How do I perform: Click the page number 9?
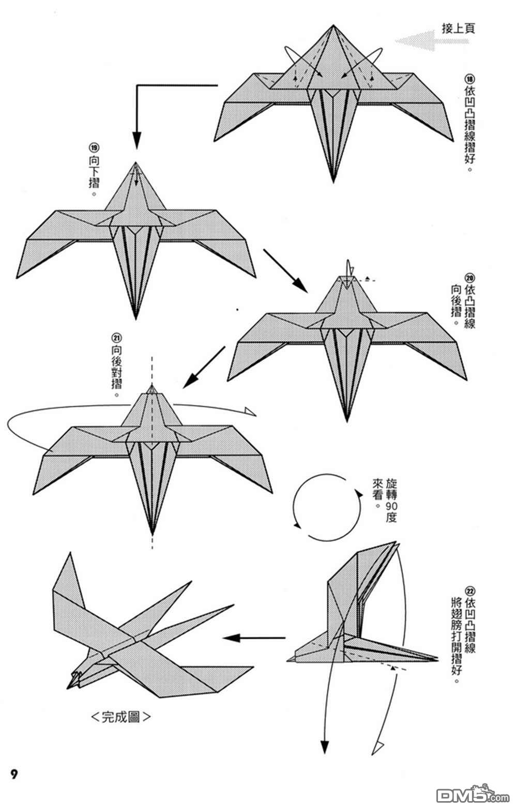coord(14,775)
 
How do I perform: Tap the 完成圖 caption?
coord(121,717)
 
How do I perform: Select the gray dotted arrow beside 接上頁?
coord(424,41)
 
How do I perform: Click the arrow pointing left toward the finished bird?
coord(253,638)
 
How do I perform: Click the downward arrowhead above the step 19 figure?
coord(136,139)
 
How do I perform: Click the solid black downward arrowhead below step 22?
coord(325,747)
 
